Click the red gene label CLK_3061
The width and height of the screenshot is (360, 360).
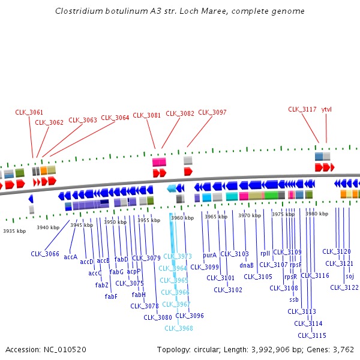click(x=29, y=112)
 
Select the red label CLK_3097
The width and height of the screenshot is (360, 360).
click(x=212, y=112)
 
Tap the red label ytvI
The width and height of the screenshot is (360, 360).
click(x=326, y=109)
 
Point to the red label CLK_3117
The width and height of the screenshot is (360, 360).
click(x=302, y=109)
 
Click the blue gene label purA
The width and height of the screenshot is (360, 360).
click(x=209, y=255)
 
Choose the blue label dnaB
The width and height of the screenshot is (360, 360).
click(x=247, y=265)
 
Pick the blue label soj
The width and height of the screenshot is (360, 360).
click(x=350, y=276)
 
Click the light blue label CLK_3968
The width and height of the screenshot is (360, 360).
click(x=179, y=328)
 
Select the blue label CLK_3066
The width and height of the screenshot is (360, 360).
click(x=45, y=254)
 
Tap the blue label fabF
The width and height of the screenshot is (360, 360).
click(x=111, y=296)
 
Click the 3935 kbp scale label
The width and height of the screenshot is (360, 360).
click(x=14, y=231)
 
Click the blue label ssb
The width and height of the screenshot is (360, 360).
click(x=293, y=299)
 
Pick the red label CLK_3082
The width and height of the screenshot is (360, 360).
click(x=180, y=113)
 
